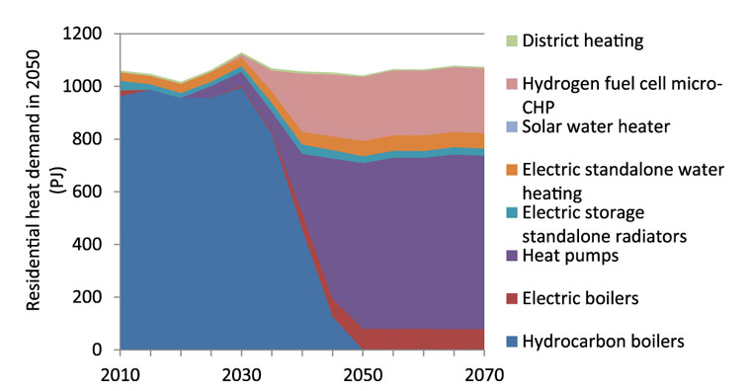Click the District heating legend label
[583, 41]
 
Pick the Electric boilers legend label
[580, 298]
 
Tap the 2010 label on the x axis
[118, 374]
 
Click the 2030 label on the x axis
[240, 374]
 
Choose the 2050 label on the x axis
[363, 374]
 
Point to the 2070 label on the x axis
[484, 374]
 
